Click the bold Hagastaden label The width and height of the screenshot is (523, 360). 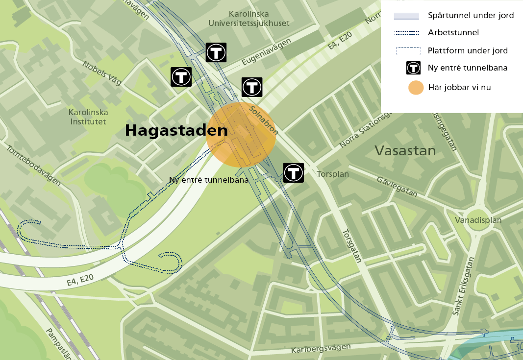pyautogui.click(x=176, y=131)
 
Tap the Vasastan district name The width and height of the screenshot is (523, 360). pyautogui.click(x=405, y=150)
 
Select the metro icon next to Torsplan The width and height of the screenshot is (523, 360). pyautogui.click(x=294, y=172)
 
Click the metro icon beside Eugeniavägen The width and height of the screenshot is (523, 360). pyautogui.click(x=216, y=52)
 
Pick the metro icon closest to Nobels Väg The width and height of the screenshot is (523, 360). pyautogui.click(x=181, y=77)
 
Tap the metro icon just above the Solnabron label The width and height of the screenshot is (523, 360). pyautogui.click(x=252, y=87)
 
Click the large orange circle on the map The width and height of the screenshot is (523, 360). pyautogui.click(x=241, y=135)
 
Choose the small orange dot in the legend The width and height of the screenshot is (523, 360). pyautogui.click(x=416, y=88)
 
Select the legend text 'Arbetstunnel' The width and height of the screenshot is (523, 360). pyautogui.click(x=453, y=33)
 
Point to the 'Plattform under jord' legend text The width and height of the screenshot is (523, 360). pyautogui.click(x=468, y=50)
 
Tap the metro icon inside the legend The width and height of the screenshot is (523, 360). pyautogui.click(x=414, y=68)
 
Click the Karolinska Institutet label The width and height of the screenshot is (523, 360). pyautogui.click(x=88, y=117)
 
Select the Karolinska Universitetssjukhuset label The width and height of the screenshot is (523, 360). pyautogui.click(x=249, y=19)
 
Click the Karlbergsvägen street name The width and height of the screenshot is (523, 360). pyautogui.click(x=321, y=349)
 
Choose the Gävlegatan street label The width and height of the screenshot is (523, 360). pyautogui.click(x=397, y=187)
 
